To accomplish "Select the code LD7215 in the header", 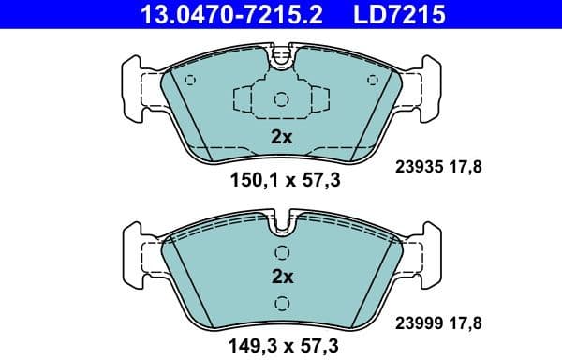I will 395,14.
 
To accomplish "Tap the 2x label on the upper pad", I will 282,137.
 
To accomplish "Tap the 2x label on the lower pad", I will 282,277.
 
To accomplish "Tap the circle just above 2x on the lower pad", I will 282,253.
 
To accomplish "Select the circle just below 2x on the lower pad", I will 282,301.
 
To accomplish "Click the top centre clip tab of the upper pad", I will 282,58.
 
